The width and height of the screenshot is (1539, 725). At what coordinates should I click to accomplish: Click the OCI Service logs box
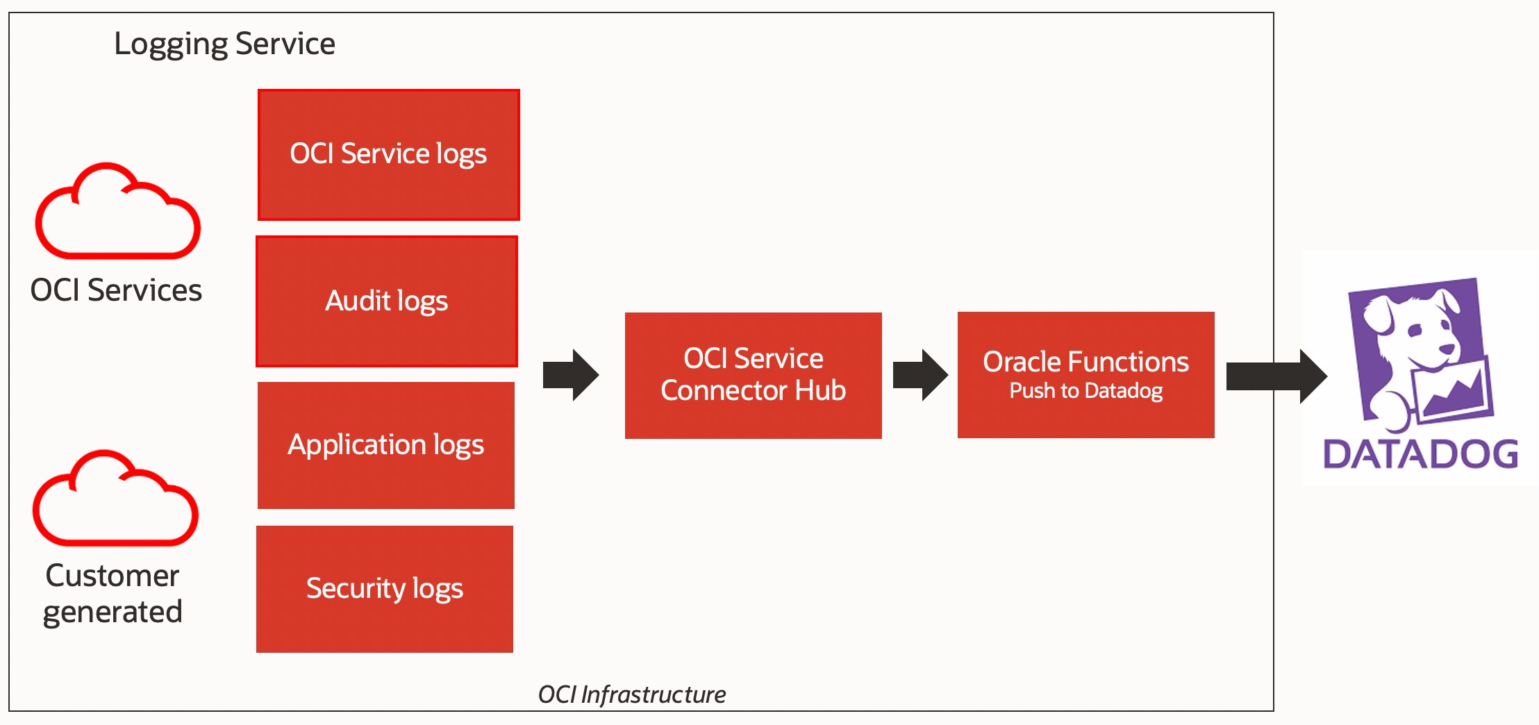click(x=388, y=154)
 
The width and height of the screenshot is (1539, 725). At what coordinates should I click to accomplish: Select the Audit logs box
click(x=387, y=301)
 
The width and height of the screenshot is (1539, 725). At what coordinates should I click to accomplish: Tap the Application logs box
click(x=385, y=444)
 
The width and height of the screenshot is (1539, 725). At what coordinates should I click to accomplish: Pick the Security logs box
click(x=384, y=588)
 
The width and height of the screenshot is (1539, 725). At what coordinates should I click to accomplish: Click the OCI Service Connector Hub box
click(x=753, y=375)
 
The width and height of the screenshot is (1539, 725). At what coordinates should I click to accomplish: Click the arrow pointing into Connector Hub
click(x=570, y=375)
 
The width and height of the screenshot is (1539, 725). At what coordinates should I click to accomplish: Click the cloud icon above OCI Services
click(x=117, y=215)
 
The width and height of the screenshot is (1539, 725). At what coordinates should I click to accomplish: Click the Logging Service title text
click(x=224, y=44)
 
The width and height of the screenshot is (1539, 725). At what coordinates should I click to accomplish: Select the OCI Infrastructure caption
click(x=631, y=694)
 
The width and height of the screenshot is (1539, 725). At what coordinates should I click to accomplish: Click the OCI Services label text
click(x=116, y=290)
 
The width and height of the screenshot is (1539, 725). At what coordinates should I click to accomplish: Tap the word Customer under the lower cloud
click(x=113, y=576)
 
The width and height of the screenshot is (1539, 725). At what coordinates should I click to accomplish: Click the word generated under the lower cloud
click(x=113, y=612)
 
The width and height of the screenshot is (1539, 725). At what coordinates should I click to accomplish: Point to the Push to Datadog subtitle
click(x=1085, y=391)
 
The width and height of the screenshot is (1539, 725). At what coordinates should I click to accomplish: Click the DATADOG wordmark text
click(x=1420, y=455)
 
